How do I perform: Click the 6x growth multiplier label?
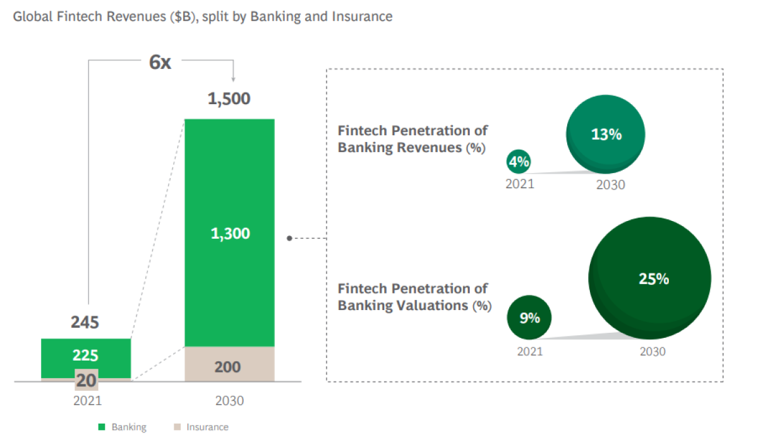[x=160, y=63]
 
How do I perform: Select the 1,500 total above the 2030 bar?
[x=229, y=99]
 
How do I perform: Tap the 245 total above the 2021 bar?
[x=85, y=322]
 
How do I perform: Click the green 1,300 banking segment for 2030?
[x=229, y=232]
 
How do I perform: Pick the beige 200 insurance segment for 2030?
[x=229, y=364]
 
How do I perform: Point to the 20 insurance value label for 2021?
[x=87, y=380]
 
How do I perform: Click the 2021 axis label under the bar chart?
[x=88, y=401]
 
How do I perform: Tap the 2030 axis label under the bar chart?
[x=229, y=401]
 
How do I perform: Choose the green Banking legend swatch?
[x=102, y=427]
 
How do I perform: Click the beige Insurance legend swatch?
[x=177, y=427]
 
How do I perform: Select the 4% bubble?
[x=519, y=162]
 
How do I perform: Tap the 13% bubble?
[x=606, y=134]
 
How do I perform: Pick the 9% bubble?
[x=529, y=317]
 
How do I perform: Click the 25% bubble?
[x=650, y=278]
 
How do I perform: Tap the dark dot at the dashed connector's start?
[x=289, y=239]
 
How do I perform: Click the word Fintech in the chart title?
[x=80, y=16]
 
